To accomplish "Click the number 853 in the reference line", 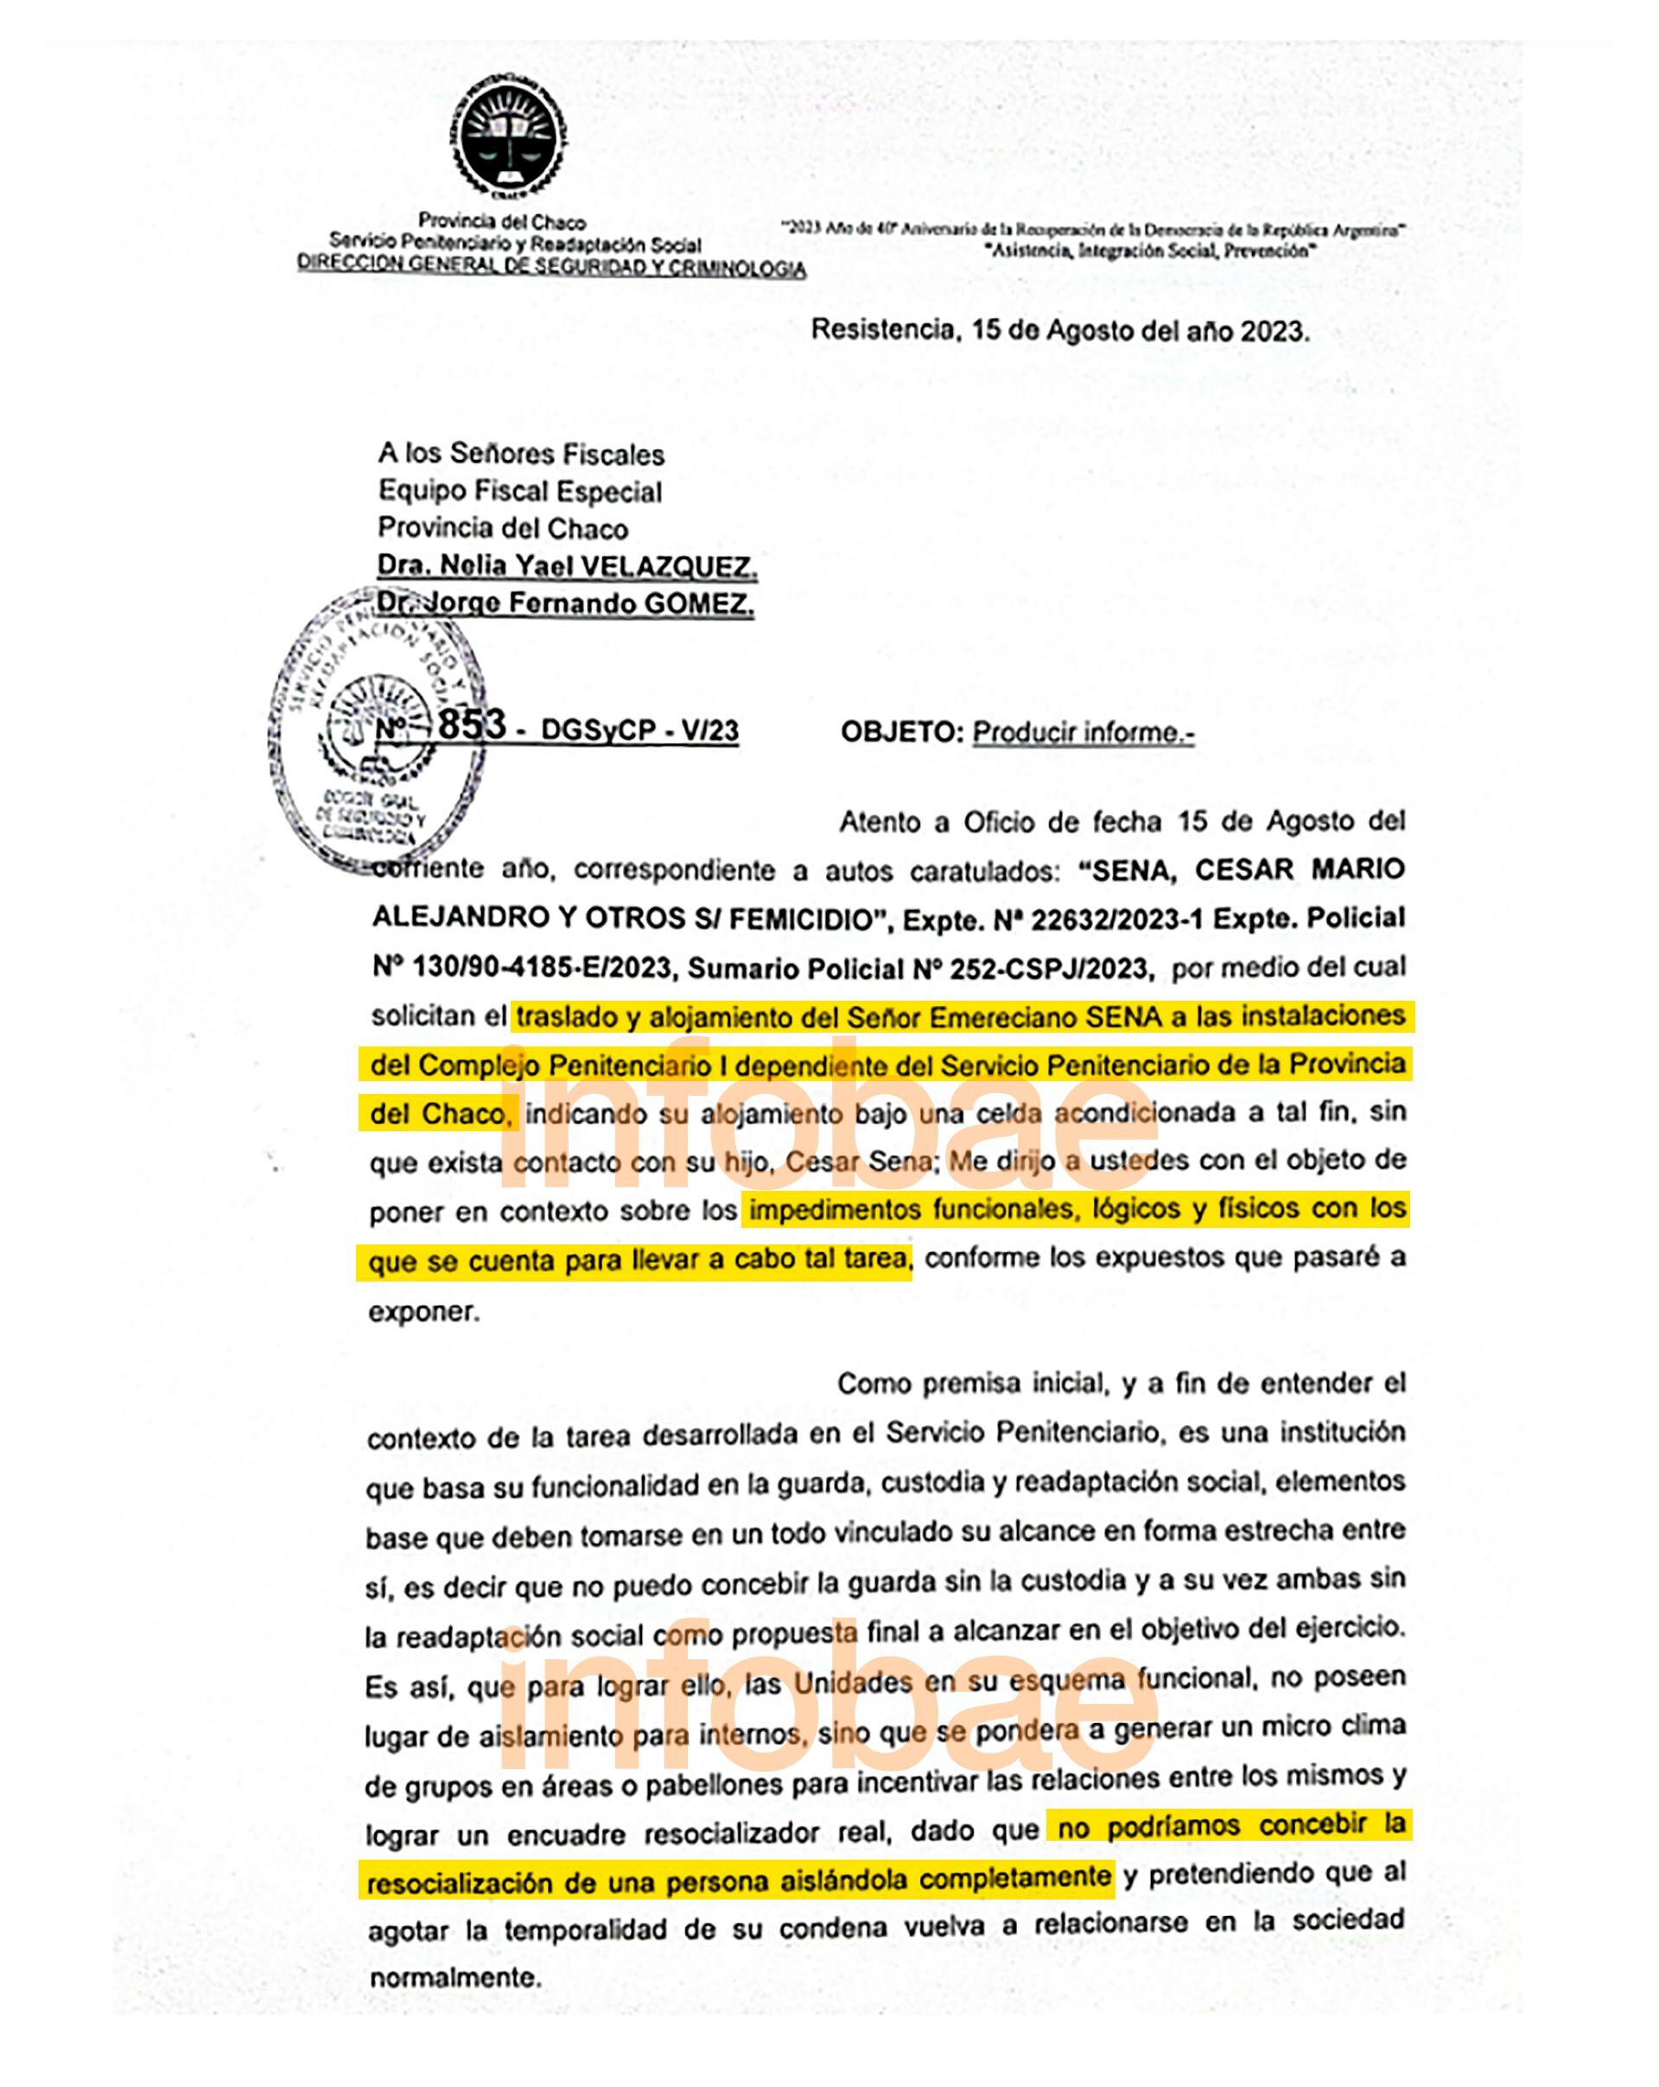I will point(472,724).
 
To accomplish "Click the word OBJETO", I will point(901,733).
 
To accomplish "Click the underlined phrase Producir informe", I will point(1082,733).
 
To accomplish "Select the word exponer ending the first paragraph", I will point(424,1313).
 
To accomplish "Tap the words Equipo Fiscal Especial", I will point(520,492).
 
